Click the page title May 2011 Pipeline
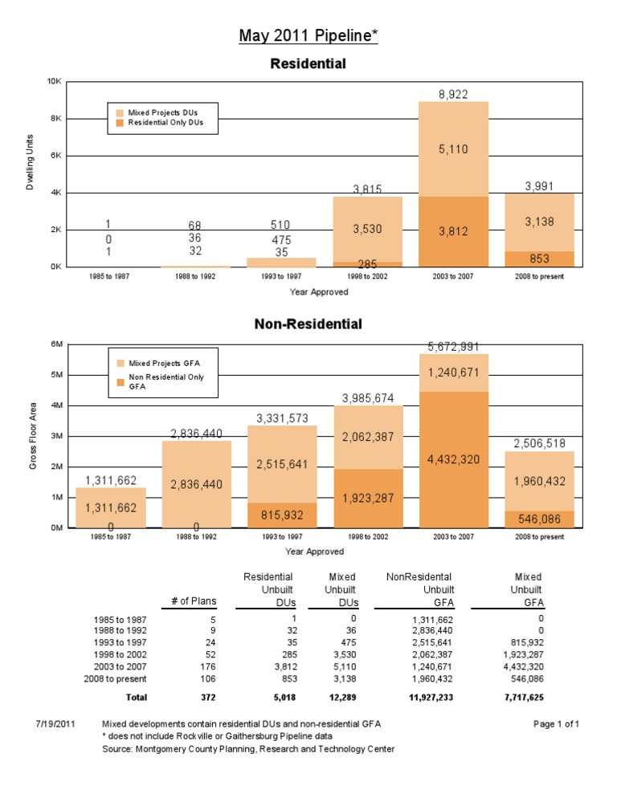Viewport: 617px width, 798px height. [308, 36]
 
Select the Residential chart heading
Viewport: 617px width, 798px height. [308, 63]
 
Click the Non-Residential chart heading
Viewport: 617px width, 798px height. [308, 324]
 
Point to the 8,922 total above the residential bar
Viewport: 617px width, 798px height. [453, 94]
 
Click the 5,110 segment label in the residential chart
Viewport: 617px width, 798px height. [453, 149]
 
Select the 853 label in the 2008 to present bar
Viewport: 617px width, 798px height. [539, 259]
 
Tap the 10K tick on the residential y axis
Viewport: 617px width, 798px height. [55, 82]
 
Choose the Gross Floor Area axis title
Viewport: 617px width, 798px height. [32, 435]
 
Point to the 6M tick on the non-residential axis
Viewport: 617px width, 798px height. [56, 344]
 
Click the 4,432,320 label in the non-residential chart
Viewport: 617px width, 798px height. [453, 460]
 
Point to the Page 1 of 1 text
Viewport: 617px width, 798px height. [556, 723]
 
